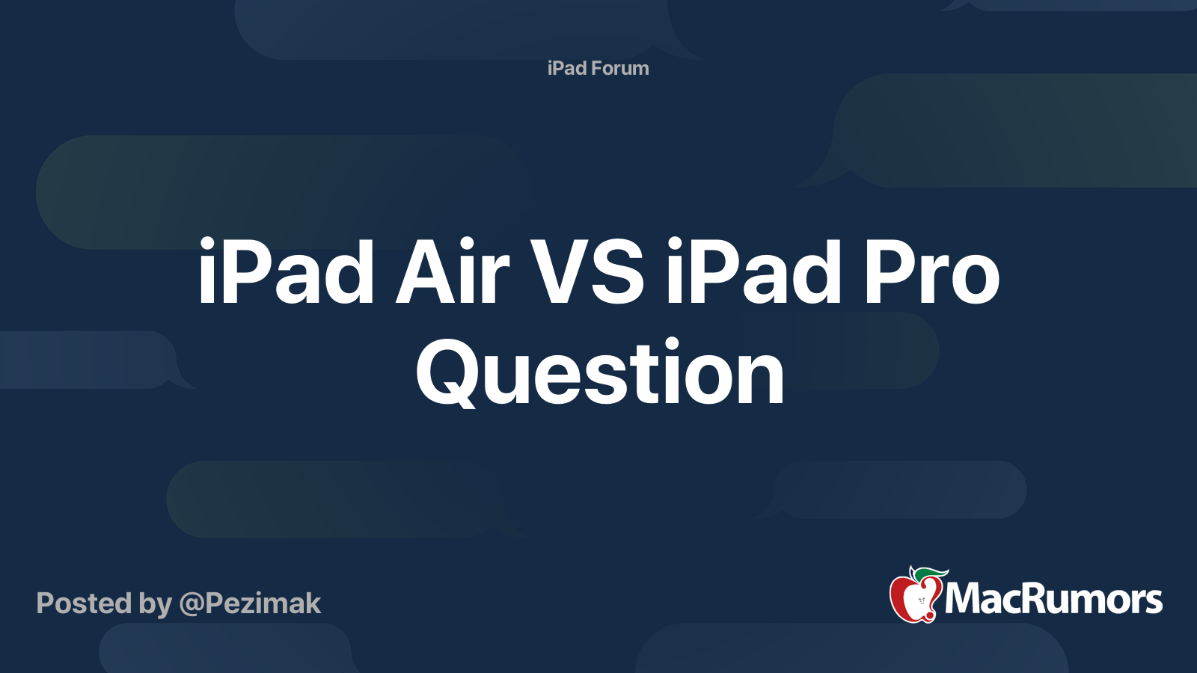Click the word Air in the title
(452, 271)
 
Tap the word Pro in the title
(931, 271)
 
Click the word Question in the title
(600, 372)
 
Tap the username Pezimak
(263, 603)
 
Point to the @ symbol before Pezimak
(192, 605)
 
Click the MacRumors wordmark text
(1054, 599)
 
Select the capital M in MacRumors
(965, 599)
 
